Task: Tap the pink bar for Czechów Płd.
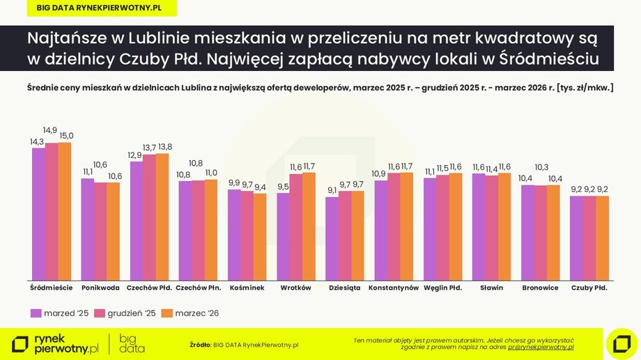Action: tap(150, 216)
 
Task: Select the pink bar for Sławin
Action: tap(491, 227)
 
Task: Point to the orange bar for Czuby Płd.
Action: tap(602, 237)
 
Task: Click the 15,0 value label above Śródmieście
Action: tap(66, 136)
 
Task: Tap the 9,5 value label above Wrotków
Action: tap(282, 187)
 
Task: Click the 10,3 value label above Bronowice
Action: tap(540, 167)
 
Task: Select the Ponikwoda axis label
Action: tap(100, 288)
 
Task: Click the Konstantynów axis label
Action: tap(393, 288)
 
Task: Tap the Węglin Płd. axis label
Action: tap(442, 288)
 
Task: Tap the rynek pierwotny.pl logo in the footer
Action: tap(56, 343)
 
